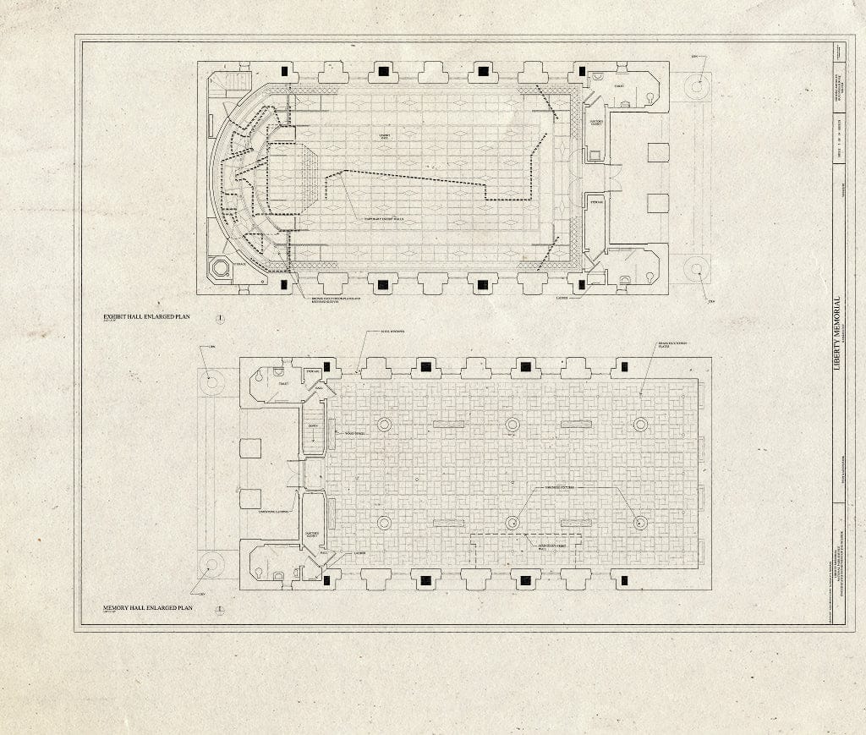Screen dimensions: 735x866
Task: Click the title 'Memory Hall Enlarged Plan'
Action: click(x=149, y=607)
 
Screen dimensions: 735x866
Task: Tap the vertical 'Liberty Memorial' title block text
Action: click(x=837, y=329)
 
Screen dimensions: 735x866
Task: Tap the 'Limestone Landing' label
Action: click(x=274, y=512)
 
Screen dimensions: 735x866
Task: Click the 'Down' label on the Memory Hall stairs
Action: click(x=313, y=425)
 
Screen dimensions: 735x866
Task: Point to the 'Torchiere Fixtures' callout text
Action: click(x=556, y=488)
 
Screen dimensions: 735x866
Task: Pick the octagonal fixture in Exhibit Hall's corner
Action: click(x=220, y=269)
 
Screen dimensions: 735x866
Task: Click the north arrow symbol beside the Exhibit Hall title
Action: click(x=219, y=318)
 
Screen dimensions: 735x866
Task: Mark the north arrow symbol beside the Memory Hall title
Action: click(x=219, y=608)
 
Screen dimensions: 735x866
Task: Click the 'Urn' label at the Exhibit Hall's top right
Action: click(x=693, y=57)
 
